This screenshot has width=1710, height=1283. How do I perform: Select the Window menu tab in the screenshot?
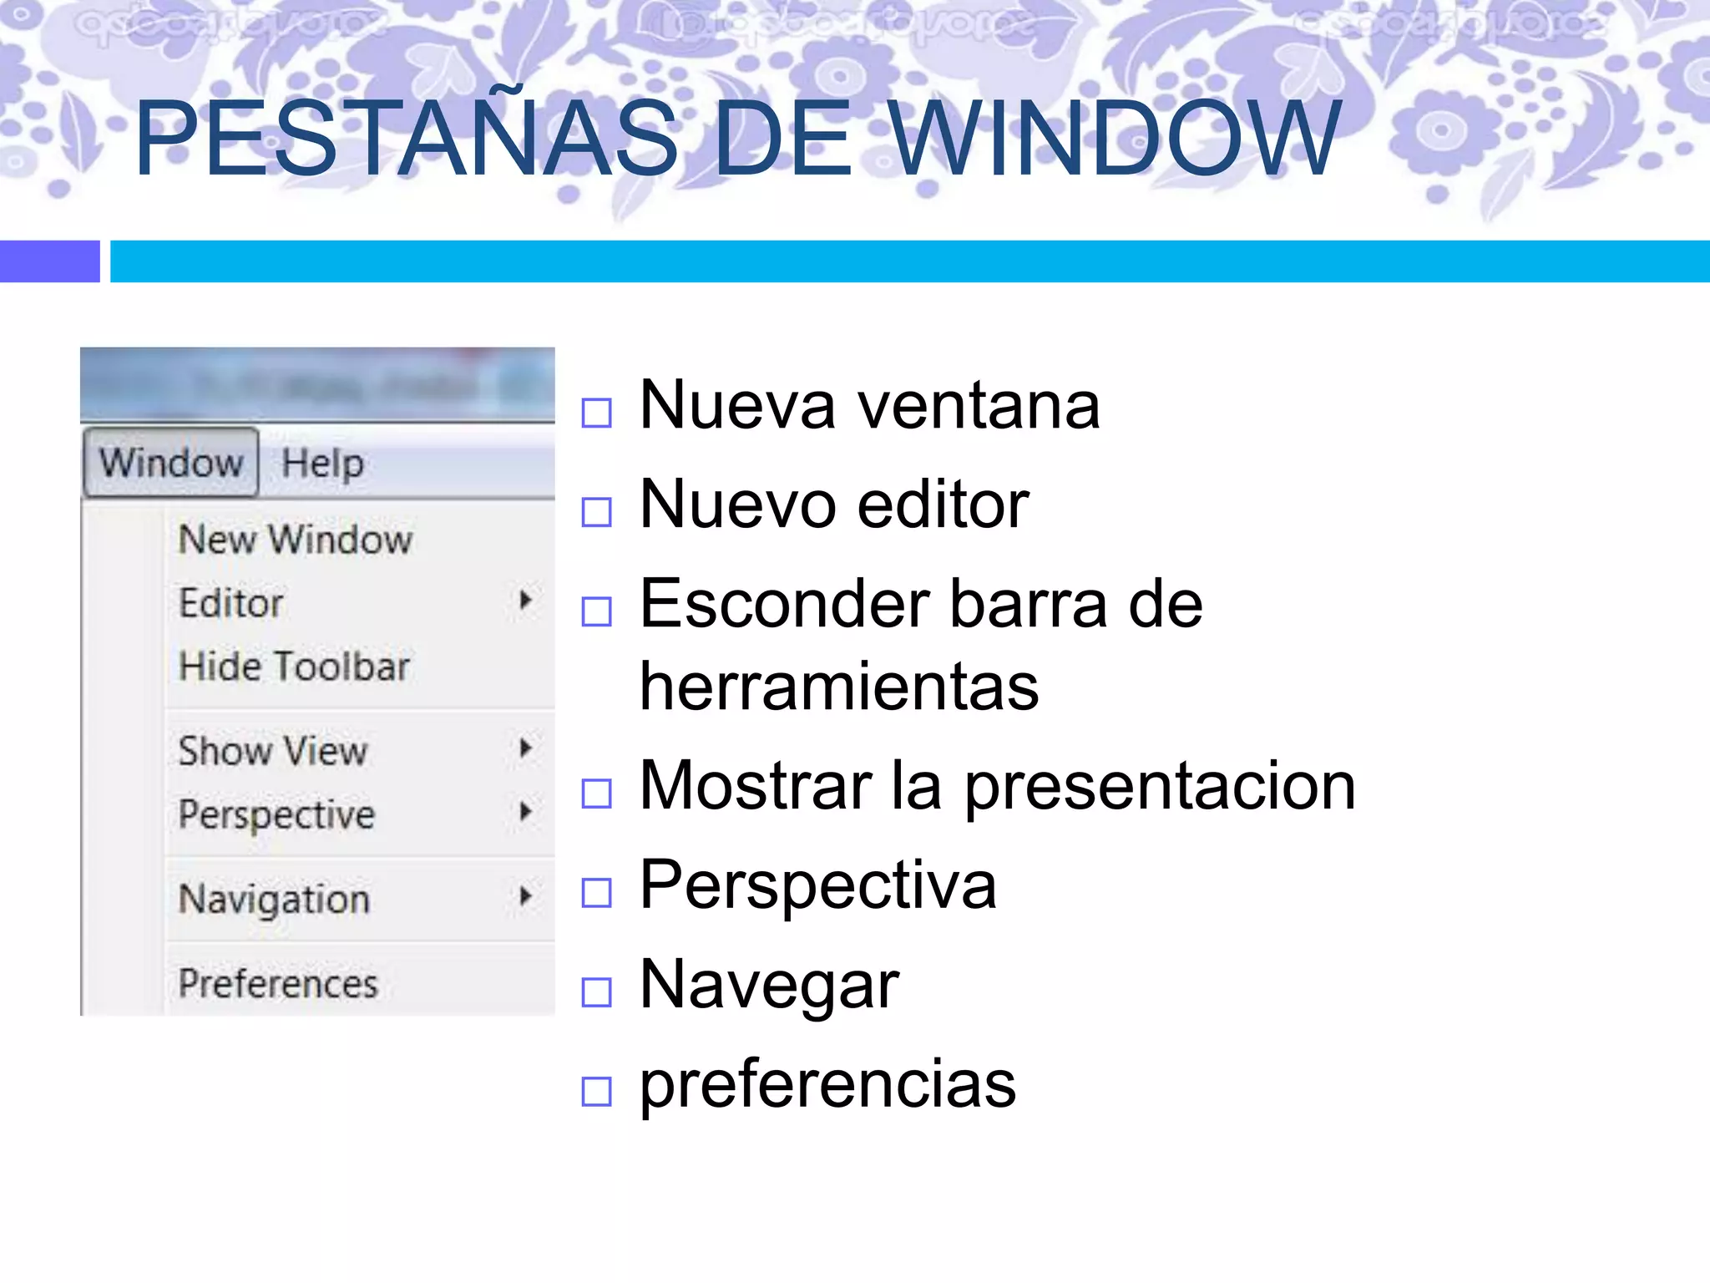point(171,462)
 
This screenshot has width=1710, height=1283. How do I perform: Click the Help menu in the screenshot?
point(322,463)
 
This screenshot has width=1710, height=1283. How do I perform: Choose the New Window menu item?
point(296,540)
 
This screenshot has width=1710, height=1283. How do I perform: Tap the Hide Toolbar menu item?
point(294,667)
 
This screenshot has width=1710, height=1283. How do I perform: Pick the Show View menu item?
point(273,750)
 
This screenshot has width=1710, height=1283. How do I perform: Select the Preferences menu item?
point(278,983)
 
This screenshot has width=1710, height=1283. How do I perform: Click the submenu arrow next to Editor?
point(525,600)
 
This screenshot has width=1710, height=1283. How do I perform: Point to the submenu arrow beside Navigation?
point(525,896)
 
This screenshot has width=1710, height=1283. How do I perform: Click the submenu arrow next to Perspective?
point(525,811)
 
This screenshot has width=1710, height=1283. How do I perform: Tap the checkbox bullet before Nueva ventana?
point(596,413)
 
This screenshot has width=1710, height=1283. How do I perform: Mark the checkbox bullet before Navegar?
point(596,992)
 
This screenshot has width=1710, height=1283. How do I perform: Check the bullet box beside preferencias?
point(596,1091)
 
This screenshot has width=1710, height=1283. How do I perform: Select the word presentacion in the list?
point(1160,786)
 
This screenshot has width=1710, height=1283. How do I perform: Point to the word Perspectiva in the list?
point(817,885)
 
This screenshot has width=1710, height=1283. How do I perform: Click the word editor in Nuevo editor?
point(943,505)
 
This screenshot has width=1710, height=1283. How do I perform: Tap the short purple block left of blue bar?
point(49,261)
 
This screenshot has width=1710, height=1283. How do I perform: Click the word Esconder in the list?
point(784,604)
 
